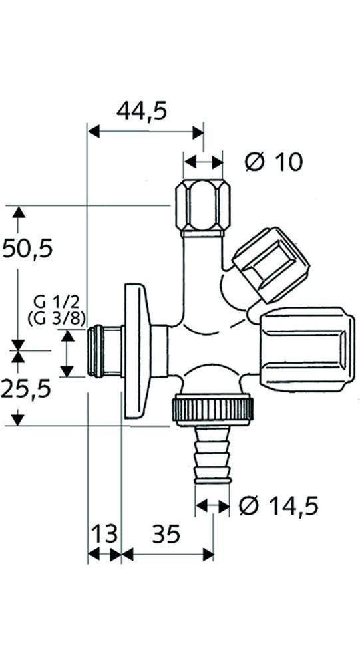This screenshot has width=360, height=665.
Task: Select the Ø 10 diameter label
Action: pyautogui.click(x=273, y=161)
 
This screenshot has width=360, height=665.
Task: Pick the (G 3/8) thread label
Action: pyautogui.click(x=57, y=319)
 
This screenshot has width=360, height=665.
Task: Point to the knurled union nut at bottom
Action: pyautogui.click(x=214, y=409)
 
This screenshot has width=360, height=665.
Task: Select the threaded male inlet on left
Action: pyautogui.click(x=104, y=351)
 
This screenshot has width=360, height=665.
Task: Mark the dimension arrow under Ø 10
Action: pyautogui.click(x=203, y=161)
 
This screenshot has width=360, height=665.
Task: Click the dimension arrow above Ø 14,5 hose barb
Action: pyautogui.click(x=213, y=507)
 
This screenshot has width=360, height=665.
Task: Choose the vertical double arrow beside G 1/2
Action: pyautogui.click(x=66, y=354)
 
